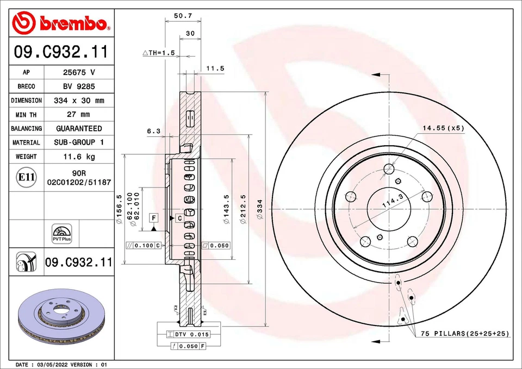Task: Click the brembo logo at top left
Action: point(61,22)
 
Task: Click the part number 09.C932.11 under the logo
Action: point(61,52)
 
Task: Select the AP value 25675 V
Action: point(79,72)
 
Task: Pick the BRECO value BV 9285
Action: point(79,86)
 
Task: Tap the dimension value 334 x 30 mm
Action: point(79,101)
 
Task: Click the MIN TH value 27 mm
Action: point(79,115)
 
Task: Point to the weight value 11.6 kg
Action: point(79,157)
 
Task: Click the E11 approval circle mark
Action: point(26,177)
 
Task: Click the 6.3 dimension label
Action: point(154,131)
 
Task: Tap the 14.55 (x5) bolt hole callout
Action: point(444,128)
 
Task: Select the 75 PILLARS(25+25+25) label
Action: point(465,334)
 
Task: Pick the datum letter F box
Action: point(154,217)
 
